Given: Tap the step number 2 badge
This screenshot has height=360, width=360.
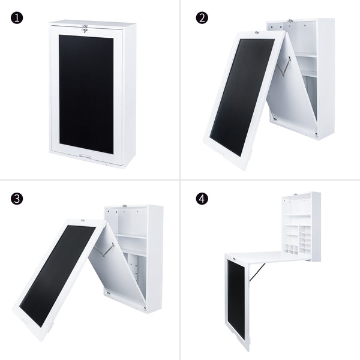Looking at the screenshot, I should pos(202,17).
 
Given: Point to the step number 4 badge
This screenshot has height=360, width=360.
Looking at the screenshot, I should pos(202,199).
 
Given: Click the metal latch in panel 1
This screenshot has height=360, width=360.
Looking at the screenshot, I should pos(86,27).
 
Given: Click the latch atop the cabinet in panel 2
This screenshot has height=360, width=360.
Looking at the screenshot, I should pos(290,21).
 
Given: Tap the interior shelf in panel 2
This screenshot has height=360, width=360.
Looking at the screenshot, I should pos(306,55).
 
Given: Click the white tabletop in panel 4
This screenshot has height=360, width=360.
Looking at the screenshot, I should pos(264,257).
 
